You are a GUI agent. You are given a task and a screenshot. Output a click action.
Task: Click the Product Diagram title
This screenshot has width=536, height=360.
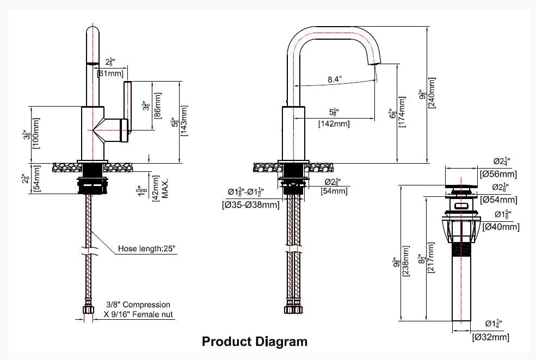click(x=255, y=342)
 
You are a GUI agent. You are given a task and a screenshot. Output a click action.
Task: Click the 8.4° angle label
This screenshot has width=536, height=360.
click(x=335, y=79)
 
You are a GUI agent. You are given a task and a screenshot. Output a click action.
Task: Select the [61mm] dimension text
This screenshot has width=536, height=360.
click(x=110, y=73)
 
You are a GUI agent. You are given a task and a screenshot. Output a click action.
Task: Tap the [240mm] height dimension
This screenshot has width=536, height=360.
click(x=432, y=93)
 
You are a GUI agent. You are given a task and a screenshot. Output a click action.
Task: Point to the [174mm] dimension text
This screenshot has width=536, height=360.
click(x=402, y=112)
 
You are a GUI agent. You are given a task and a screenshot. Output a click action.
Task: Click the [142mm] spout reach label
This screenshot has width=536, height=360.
click(x=334, y=124)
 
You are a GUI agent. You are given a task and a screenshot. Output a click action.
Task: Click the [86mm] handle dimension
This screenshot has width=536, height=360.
click(x=158, y=105)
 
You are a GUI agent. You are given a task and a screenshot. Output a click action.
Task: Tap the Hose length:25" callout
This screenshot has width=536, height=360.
click(x=146, y=250)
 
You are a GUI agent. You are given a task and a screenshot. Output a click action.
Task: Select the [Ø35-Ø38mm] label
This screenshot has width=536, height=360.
click(x=251, y=205)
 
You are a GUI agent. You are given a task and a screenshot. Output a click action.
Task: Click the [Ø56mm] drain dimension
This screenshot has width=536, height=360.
click(x=498, y=175)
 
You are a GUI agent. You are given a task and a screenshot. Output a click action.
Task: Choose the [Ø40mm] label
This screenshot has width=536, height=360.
click(x=501, y=227)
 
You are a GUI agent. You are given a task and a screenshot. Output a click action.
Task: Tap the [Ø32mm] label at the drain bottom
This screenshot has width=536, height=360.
click(x=491, y=337)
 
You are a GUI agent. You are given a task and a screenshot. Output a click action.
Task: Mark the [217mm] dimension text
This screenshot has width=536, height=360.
click(x=431, y=258)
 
